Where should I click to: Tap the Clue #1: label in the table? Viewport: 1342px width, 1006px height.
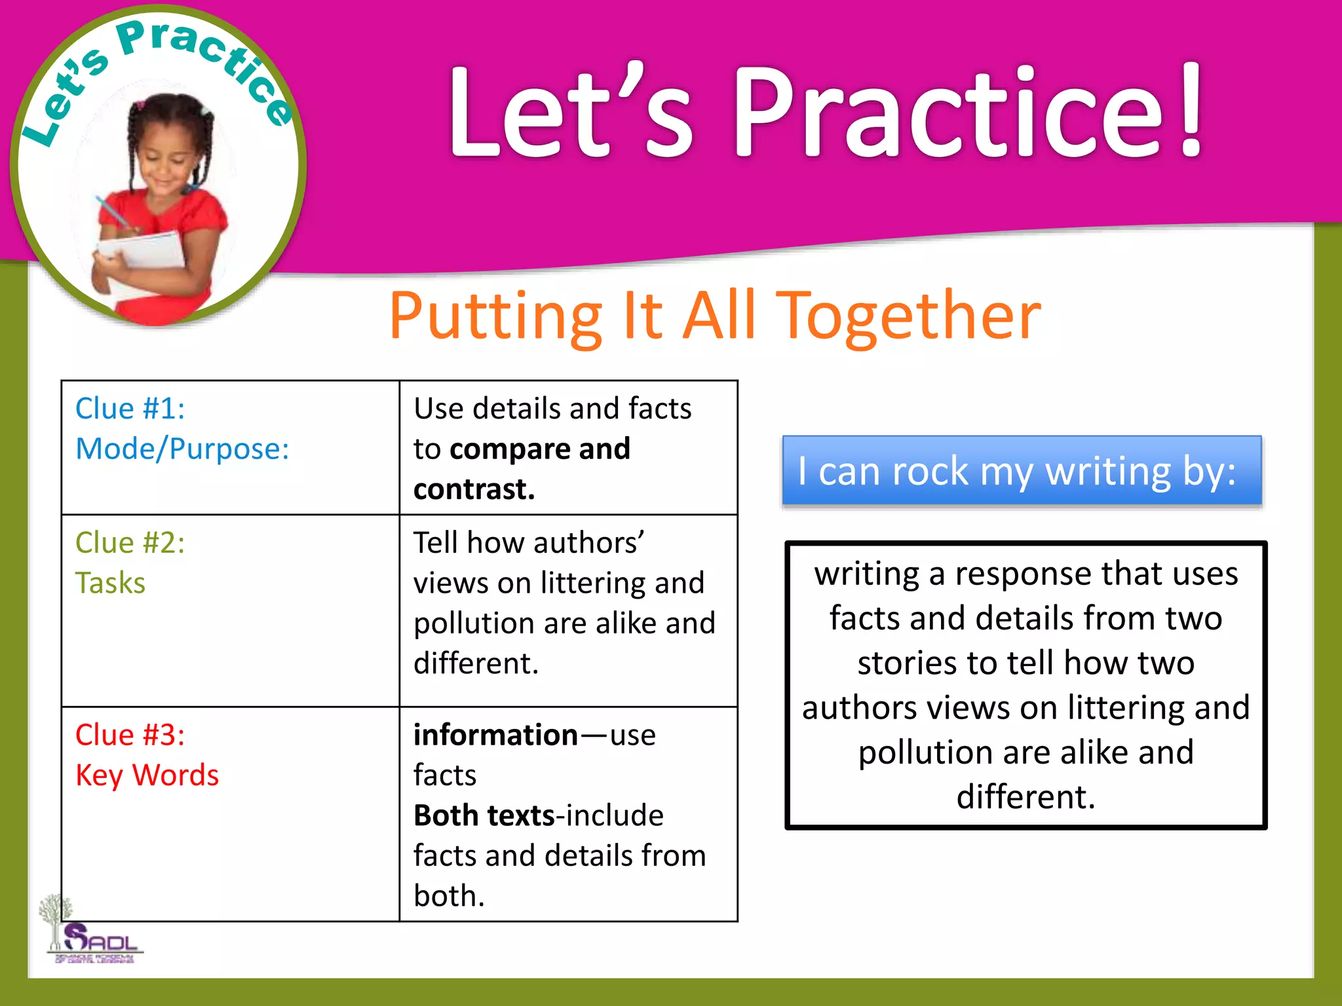click(x=130, y=409)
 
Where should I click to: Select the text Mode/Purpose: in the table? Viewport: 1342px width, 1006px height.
click(x=182, y=449)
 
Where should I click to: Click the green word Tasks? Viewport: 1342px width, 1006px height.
click(x=110, y=583)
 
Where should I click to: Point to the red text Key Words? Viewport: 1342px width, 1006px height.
click(x=147, y=775)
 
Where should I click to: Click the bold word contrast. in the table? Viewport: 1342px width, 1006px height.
click(x=474, y=489)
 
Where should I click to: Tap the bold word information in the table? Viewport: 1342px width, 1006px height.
click(x=495, y=735)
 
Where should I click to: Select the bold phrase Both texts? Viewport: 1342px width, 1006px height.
click(x=484, y=816)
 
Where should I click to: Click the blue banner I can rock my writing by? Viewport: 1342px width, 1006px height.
click(x=1021, y=470)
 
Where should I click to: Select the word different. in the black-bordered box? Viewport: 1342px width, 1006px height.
click(x=1026, y=797)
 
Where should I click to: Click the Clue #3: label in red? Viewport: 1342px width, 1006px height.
click(x=130, y=735)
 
